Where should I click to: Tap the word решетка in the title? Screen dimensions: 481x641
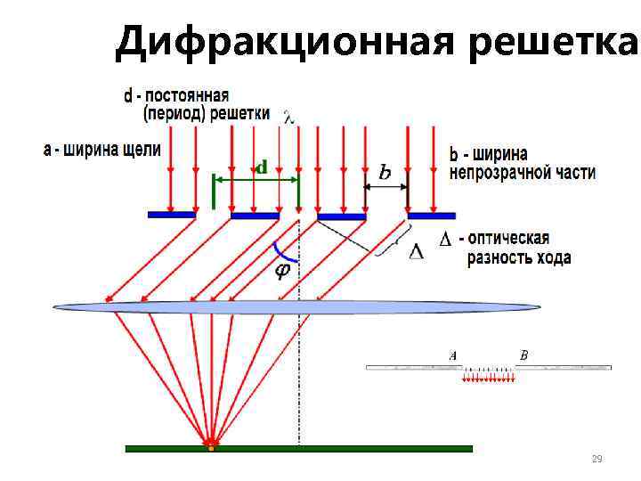click(555, 41)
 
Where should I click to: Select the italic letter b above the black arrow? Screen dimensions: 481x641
click(385, 172)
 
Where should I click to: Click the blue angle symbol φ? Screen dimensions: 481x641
click(282, 271)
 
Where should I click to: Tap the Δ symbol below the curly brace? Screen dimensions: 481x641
click(416, 251)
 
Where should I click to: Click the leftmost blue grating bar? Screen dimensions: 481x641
click(172, 215)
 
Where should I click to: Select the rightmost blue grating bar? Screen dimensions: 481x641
click(432, 215)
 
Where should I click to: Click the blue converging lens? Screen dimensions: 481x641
click(297, 306)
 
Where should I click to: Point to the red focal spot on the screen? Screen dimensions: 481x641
click(211, 442)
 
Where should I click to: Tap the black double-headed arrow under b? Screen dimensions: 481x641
click(385, 187)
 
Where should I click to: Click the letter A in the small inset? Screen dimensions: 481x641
click(453, 355)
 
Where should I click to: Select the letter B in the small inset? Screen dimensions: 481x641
click(523, 355)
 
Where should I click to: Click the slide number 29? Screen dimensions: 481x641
click(597, 459)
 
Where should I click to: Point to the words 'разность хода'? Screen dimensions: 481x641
click(521, 258)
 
